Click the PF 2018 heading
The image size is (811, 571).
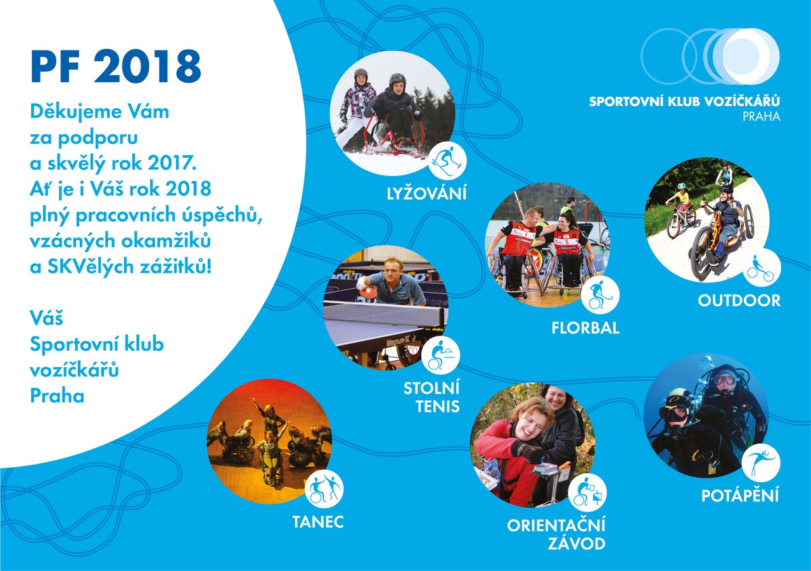(115, 66)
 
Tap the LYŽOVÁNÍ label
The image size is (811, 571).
(426, 194)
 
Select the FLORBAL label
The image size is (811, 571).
(585, 328)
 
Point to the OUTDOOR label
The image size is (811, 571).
(739, 301)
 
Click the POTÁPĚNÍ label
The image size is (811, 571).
(740, 495)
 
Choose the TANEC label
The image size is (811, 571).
(318, 522)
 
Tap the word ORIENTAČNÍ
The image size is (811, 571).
(556, 525)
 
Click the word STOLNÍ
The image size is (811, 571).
(431, 388)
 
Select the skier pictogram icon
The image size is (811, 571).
(447, 161)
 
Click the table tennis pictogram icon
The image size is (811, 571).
(440, 355)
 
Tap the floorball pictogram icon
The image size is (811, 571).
(600, 294)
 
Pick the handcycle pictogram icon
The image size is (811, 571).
(762, 268)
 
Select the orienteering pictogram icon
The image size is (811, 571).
(587, 493)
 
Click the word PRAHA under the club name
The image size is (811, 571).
(762, 116)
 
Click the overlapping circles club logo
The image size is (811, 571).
(710, 56)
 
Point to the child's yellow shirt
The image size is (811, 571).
(682, 198)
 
